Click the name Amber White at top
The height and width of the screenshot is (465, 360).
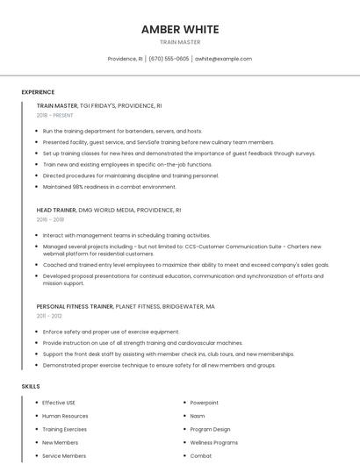coord(180,29)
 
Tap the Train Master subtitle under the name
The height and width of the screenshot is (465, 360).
coord(180,42)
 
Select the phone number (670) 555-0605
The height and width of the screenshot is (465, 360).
coord(169,59)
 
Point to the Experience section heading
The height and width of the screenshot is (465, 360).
coord(38,92)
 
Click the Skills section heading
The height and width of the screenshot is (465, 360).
coord(30,386)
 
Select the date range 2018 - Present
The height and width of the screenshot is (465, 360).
coord(54,115)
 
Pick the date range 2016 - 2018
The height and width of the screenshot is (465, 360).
coord(50,220)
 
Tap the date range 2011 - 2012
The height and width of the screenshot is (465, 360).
coord(49,316)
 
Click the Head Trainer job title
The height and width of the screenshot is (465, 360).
coord(57,211)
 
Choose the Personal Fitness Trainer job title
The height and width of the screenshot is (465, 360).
coord(75,306)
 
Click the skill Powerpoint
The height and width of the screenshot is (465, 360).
coord(205,403)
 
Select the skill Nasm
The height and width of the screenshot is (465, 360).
coord(198,416)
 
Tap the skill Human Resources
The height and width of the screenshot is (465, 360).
coord(65,416)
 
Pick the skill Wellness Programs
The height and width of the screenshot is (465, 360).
coord(213,443)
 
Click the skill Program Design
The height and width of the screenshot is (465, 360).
coord(210,429)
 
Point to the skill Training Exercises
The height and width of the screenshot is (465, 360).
coord(64,429)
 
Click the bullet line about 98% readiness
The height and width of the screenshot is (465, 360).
coord(109,186)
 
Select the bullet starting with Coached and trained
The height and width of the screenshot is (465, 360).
coord(185,264)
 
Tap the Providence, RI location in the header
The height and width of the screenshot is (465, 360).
coord(125,59)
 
